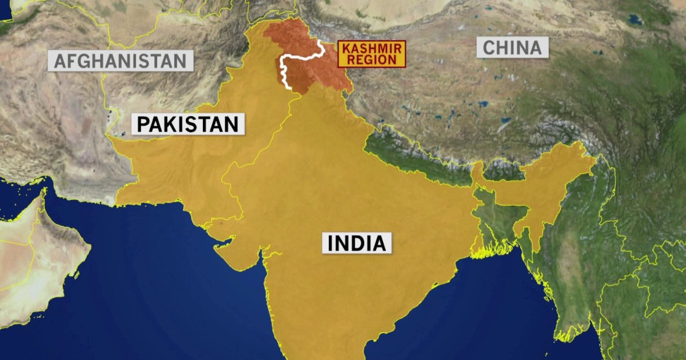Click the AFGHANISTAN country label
tap(121, 61)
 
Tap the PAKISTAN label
tap(188, 124)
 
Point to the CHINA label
tap(512, 47)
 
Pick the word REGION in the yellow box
tap(372, 59)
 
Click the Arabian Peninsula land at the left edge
tap(34, 251)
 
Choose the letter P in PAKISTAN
tap(141, 124)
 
